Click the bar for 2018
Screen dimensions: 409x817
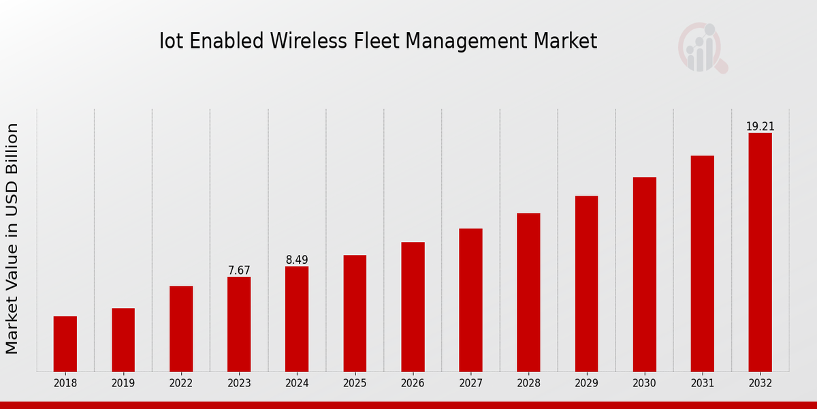point(65,344)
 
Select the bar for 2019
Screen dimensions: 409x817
point(123,340)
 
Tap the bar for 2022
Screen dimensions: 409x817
point(181,329)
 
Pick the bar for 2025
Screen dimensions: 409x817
point(355,314)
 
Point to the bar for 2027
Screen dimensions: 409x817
point(470,300)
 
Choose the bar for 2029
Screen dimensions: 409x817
point(586,284)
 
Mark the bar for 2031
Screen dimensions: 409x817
point(702,264)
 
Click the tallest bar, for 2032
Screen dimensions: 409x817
point(760,252)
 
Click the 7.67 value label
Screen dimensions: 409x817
point(239,271)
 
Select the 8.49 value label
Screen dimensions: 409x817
point(297,260)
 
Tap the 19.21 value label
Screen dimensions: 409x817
point(760,127)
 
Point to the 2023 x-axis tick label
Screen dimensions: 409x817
point(239,384)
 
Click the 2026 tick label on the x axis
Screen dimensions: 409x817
point(413,384)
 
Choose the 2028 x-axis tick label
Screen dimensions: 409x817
point(528,384)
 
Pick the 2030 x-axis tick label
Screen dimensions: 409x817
point(644,384)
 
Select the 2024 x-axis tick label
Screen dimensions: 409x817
point(297,384)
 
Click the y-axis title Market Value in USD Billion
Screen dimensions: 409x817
point(12,239)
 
